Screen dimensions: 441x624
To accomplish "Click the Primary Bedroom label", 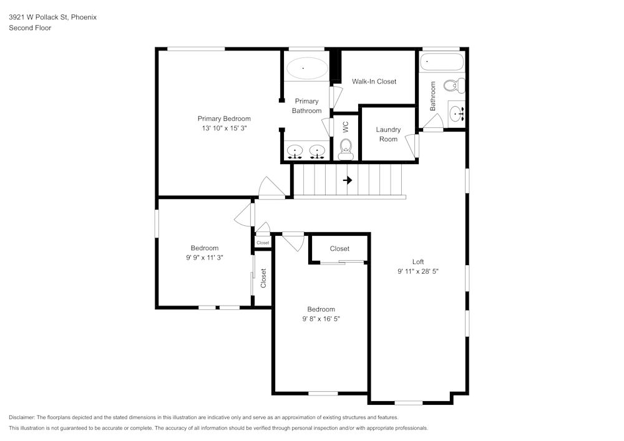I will coord(224,119).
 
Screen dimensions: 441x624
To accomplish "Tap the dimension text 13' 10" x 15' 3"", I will coord(224,128).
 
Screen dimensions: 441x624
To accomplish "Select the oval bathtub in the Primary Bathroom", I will coord(306,68).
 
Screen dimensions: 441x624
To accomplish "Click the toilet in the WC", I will coord(346,148).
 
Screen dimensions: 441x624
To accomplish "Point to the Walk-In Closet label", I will coord(374,82).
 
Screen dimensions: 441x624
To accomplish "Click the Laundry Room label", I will coord(388,134).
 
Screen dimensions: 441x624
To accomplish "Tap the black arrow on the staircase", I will coord(348,180).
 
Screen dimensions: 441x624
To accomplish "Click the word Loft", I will coord(418,262).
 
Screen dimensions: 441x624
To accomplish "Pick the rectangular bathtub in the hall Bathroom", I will coord(442,62).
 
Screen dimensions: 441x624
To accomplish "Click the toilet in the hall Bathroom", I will coord(454,85).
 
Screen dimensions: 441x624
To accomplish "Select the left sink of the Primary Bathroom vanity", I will coord(295,151).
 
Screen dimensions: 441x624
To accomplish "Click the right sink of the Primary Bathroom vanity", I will coord(318,151).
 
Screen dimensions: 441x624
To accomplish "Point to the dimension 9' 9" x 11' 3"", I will coord(205,258).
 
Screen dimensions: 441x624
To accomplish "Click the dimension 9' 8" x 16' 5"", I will coord(321,319).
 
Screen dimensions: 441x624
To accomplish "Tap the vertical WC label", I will coord(345,127).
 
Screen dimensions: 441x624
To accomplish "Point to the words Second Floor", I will coord(30,28).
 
